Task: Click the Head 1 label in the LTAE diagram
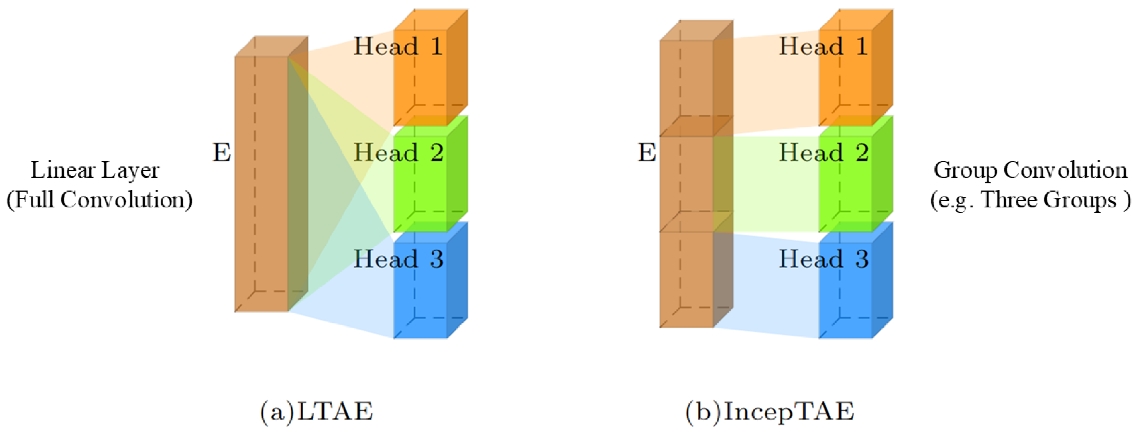(x=398, y=47)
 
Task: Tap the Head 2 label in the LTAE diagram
(x=398, y=153)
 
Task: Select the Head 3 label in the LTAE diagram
(x=398, y=259)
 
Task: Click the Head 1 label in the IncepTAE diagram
(x=823, y=47)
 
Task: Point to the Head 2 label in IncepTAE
(x=823, y=153)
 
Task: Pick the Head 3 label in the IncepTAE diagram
(x=823, y=259)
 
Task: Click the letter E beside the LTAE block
(x=222, y=153)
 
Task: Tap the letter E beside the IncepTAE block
(x=647, y=153)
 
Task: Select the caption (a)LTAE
(x=316, y=411)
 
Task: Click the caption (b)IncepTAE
(x=770, y=411)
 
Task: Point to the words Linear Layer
(x=95, y=170)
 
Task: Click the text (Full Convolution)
(x=100, y=200)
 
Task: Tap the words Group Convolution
(x=1030, y=170)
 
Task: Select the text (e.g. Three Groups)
(x=1030, y=200)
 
